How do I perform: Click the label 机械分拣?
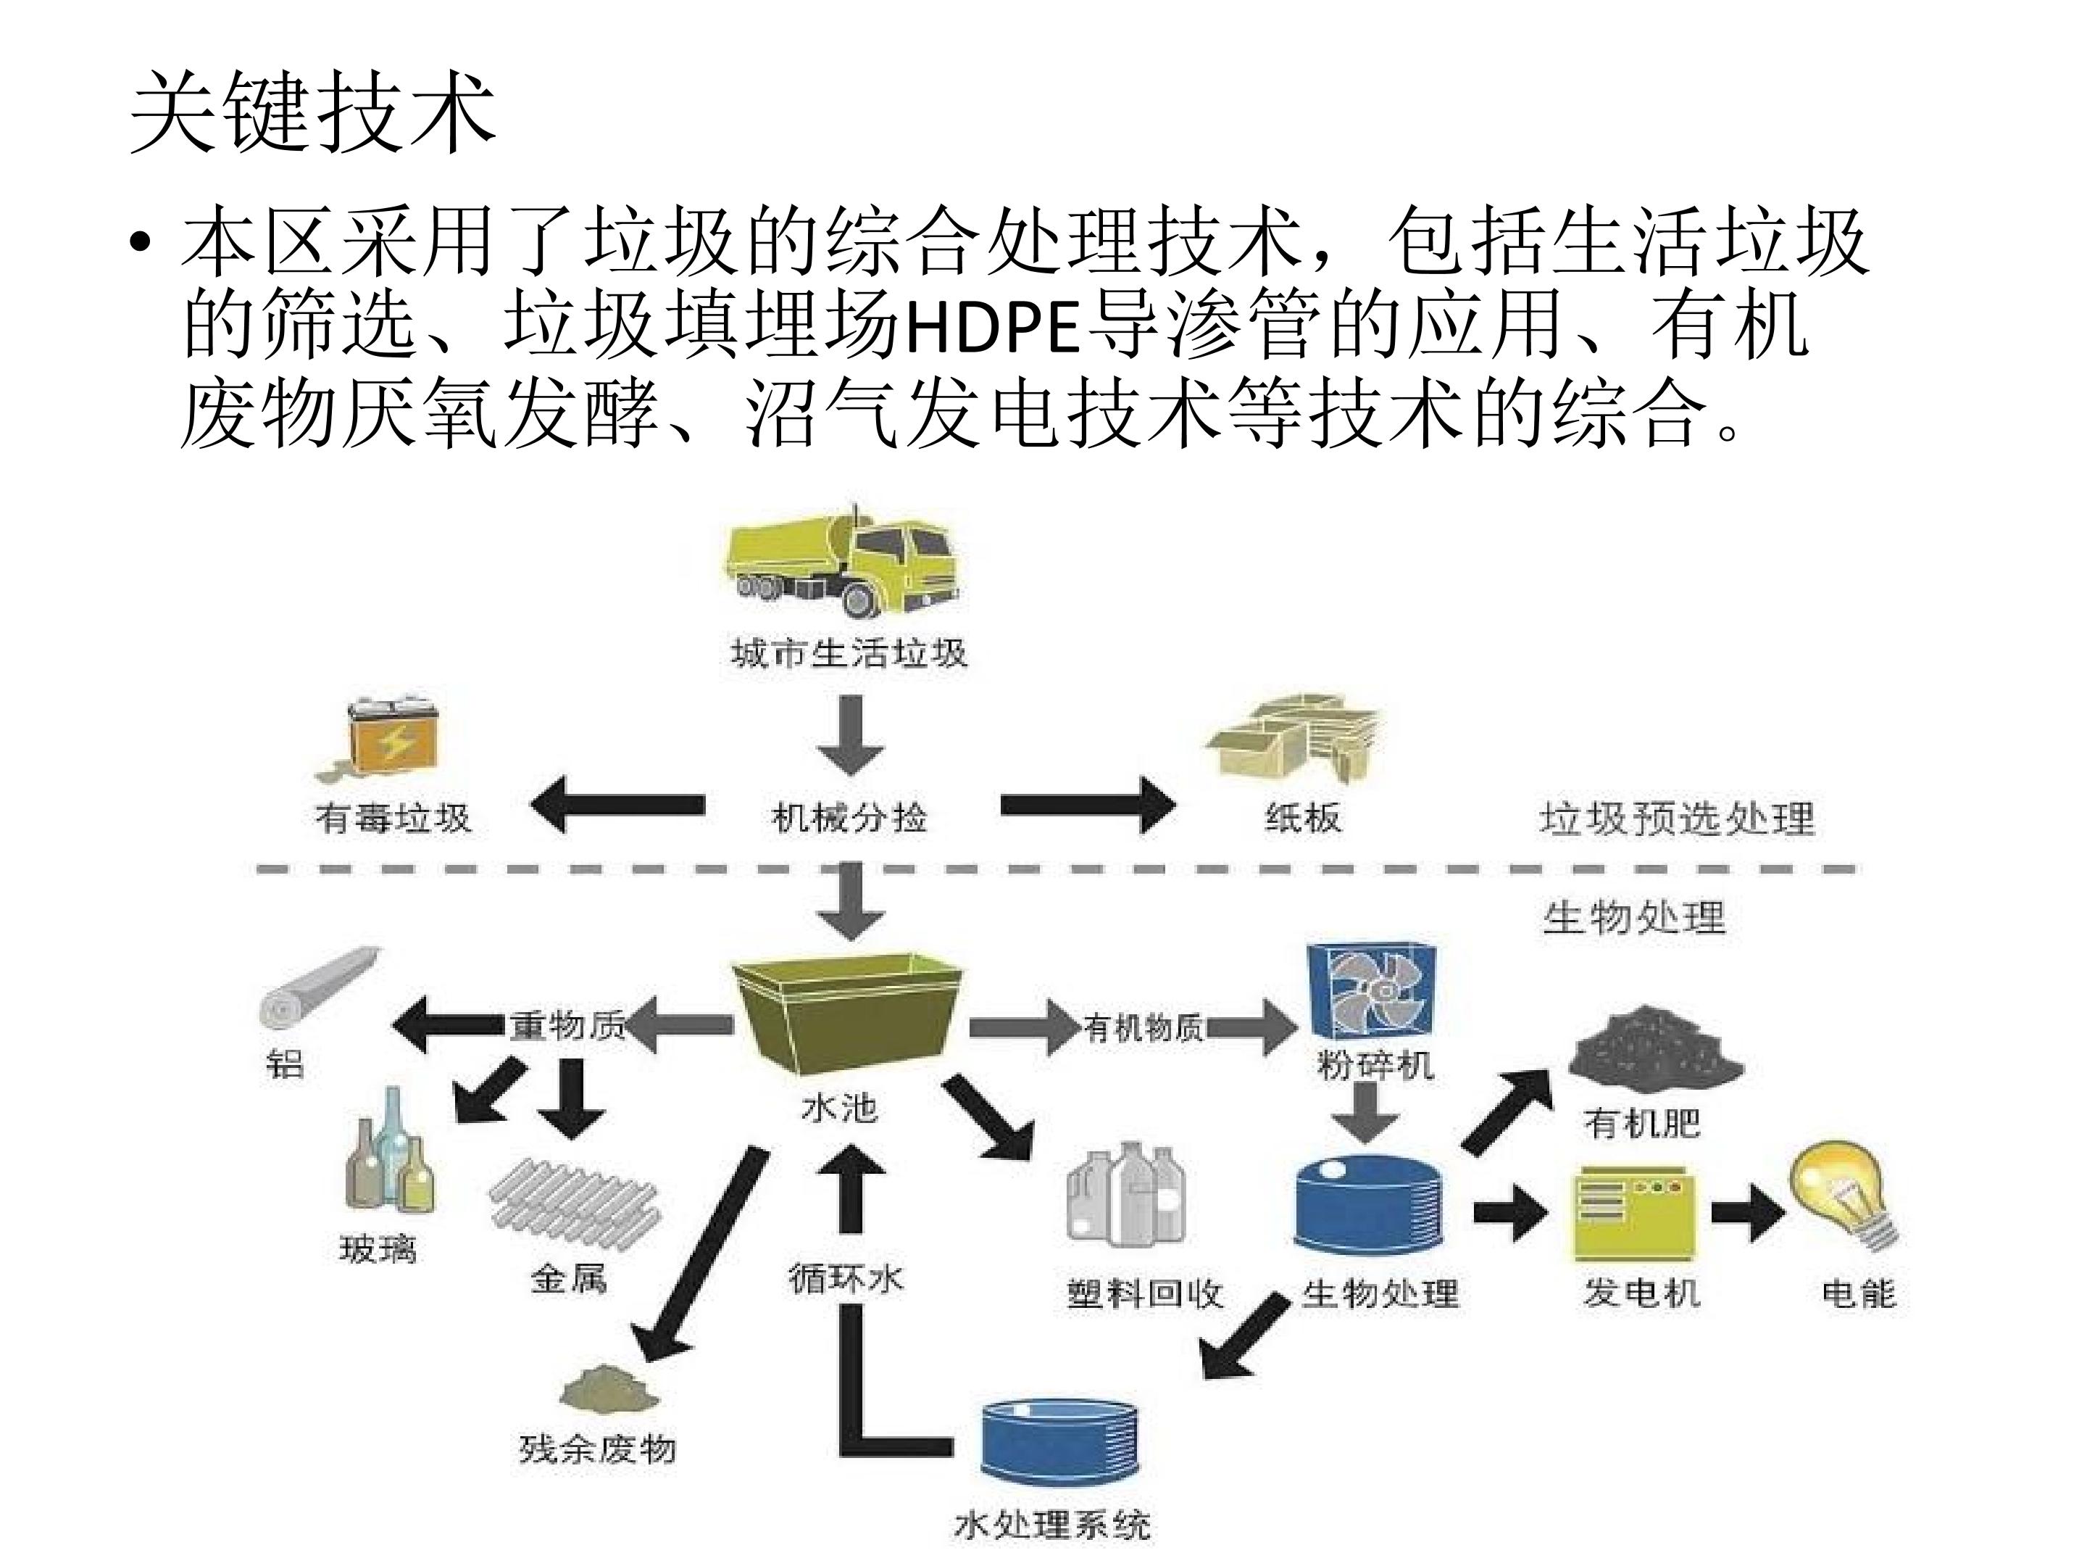click(849, 818)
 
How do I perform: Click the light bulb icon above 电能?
click(1844, 1194)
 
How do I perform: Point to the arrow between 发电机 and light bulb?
click(1746, 1212)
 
